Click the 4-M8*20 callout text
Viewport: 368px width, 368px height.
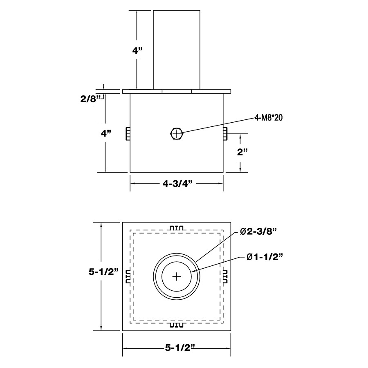pyautogui.click(x=269, y=118)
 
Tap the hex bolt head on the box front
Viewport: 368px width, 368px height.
pyautogui.click(x=176, y=133)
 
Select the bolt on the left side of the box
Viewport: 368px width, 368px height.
pyautogui.click(x=128, y=134)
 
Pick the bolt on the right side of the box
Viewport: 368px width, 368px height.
pyautogui.click(x=225, y=134)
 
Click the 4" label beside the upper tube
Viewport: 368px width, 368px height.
pyautogui.click(x=137, y=51)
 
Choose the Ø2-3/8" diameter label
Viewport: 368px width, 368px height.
pyautogui.click(x=259, y=232)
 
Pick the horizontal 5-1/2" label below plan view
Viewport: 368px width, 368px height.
pyautogui.click(x=177, y=348)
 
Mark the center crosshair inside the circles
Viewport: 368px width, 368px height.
pyautogui.click(x=177, y=276)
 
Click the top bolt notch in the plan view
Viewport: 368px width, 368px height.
pyautogui.click(x=177, y=227)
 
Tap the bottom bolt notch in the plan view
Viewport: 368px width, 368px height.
pyautogui.click(x=177, y=325)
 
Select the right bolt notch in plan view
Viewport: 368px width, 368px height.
pyautogui.click(x=225, y=276)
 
